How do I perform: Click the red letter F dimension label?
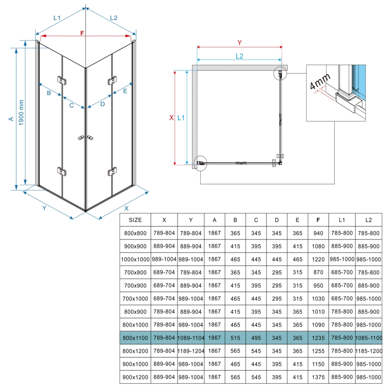pos(82,33)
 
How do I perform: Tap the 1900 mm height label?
pos(21,113)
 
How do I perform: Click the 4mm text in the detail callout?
pos(320,81)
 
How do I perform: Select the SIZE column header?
pos(135,220)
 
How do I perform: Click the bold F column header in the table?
pos(318,220)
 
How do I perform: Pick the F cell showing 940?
pos(318,233)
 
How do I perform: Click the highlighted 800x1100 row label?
pos(135,338)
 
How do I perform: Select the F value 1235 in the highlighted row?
pos(318,338)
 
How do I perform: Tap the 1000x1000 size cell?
pos(135,259)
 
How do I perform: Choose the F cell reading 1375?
pos(318,377)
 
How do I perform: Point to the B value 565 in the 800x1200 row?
pos(235,351)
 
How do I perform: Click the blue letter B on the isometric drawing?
pos(49,93)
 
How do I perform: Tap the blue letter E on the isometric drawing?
pos(125,91)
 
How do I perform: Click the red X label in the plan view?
pos(172,118)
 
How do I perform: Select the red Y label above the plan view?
pos(239,43)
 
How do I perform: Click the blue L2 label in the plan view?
pos(239,56)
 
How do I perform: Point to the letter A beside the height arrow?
pos(11,119)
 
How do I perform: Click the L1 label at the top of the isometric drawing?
pos(57,18)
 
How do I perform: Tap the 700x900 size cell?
pos(135,285)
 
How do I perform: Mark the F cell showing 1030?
pos(318,298)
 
